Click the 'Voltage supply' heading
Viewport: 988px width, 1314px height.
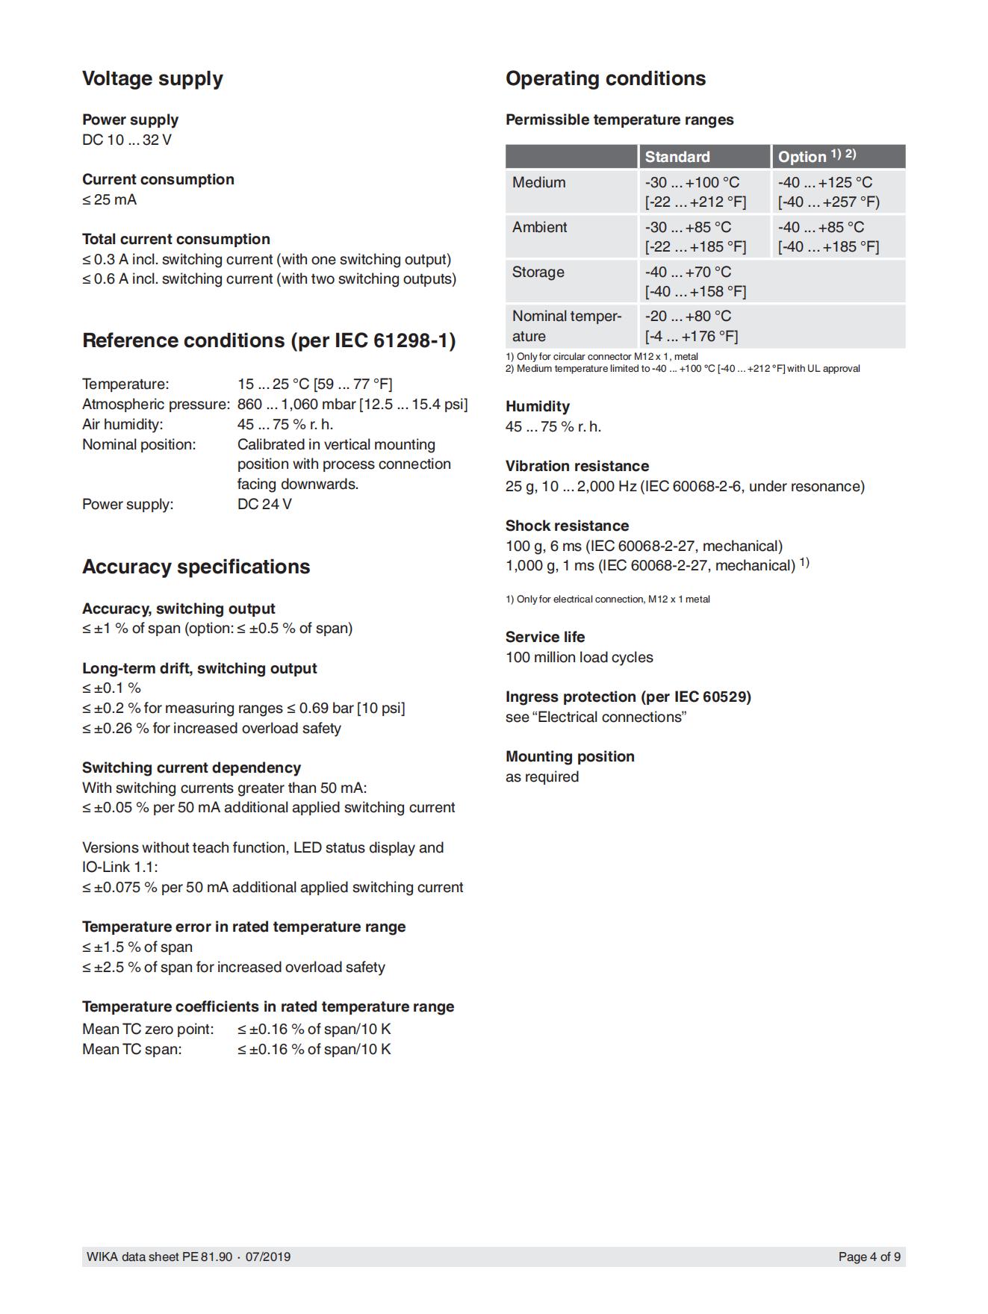point(152,79)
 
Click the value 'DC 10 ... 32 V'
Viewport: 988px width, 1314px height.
point(127,140)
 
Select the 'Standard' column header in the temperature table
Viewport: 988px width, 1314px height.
point(677,157)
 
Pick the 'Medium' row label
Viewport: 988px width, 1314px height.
point(538,183)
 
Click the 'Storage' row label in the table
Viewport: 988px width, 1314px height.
point(538,273)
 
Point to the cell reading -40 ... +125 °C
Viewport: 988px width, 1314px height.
point(824,183)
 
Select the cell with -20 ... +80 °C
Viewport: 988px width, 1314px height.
point(688,317)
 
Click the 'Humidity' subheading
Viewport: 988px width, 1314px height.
point(538,407)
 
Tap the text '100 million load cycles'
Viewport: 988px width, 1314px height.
point(579,658)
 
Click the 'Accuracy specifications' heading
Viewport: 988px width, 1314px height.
point(196,567)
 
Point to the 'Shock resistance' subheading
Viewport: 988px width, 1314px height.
point(567,526)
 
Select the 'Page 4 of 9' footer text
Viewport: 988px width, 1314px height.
point(869,1257)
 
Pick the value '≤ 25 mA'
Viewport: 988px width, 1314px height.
point(109,200)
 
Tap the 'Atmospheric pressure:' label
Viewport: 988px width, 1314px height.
point(155,405)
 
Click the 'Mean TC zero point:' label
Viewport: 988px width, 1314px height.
point(148,1030)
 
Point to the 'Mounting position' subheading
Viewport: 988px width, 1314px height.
point(570,757)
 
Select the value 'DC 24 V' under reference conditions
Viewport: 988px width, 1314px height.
point(264,505)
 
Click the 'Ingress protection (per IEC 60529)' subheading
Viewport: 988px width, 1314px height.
point(628,697)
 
